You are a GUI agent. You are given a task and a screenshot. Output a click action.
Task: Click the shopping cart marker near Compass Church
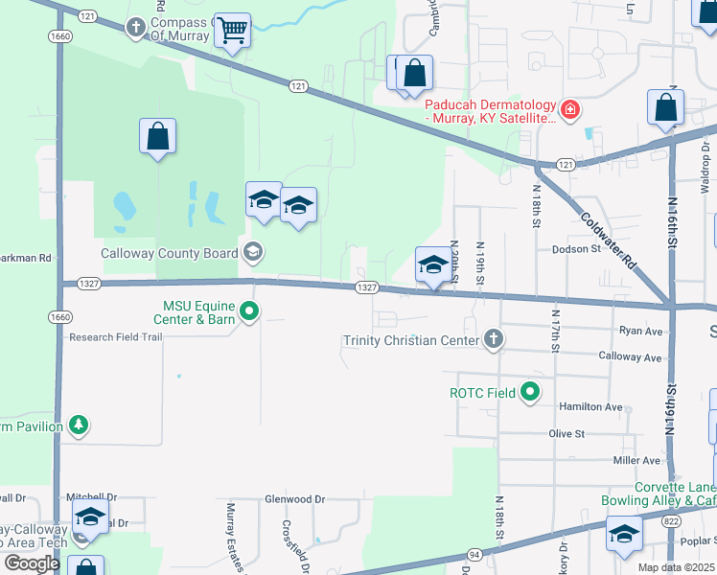tap(233, 31)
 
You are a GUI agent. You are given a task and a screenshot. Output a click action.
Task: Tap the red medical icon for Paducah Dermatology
tap(570, 109)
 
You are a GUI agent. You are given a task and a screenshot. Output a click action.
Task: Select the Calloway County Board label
tap(171, 254)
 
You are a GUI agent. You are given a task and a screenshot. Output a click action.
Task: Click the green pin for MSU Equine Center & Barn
tap(249, 310)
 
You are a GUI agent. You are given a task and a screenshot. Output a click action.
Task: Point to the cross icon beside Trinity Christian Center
tap(493, 339)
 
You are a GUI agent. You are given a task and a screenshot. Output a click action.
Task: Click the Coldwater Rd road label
tap(609, 238)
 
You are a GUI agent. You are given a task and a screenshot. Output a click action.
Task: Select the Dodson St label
tap(575, 249)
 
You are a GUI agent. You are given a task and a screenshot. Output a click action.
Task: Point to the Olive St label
tap(567, 434)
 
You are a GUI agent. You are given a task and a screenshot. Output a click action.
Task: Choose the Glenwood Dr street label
tap(295, 499)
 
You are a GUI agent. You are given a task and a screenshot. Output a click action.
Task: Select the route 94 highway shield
tap(474, 554)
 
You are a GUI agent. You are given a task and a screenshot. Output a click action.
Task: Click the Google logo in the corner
tap(32, 563)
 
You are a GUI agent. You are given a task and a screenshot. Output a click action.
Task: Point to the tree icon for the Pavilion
tap(78, 425)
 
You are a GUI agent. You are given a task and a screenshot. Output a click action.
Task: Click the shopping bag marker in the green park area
tap(158, 136)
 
